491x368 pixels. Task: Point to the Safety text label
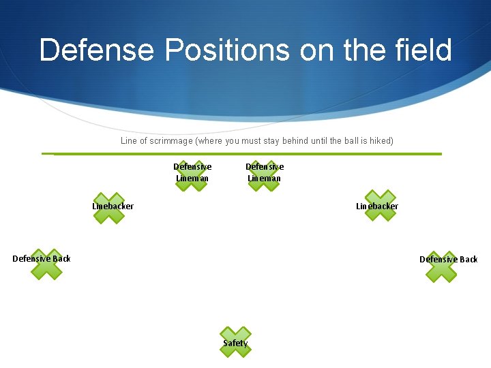(x=235, y=343)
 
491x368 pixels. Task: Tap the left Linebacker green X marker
(x=109, y=208)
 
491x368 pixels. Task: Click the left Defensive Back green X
(x=46, y=264)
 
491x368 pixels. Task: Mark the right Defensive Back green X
(x=441, y=266)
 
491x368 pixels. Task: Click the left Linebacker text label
(x=113, y=206)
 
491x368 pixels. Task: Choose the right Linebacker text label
(x=377, y=206)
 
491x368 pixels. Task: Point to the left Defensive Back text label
(x=42, y=258)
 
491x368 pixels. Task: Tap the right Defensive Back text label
(x=448, y=259)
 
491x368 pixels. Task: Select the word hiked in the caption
(x=380, y=141)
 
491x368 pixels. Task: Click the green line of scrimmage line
(x=245, y=154)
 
